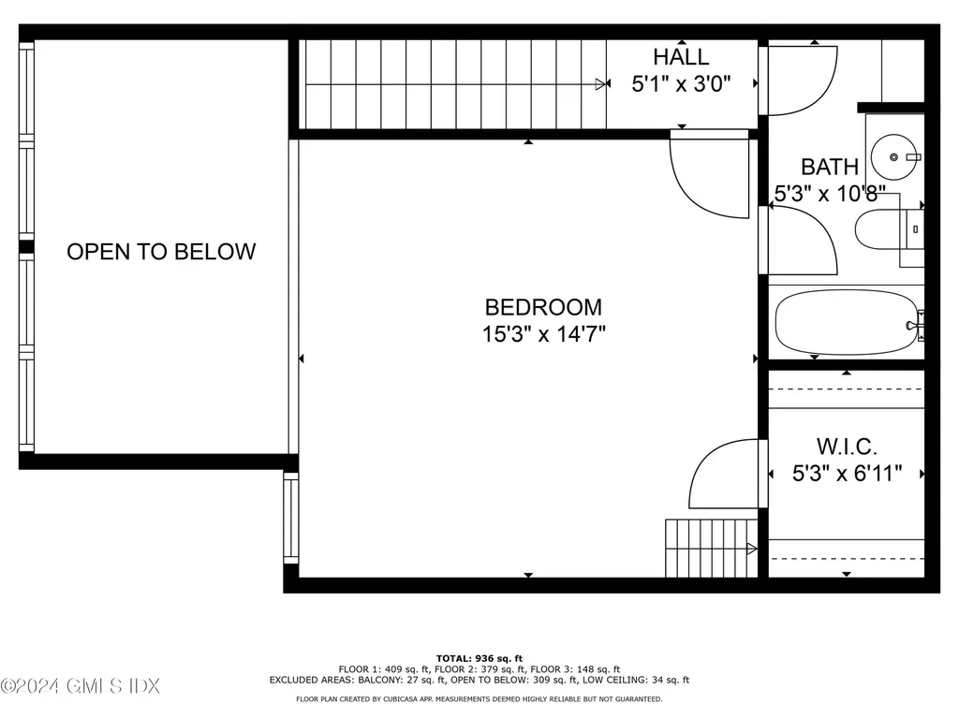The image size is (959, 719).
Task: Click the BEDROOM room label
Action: pos(543,307)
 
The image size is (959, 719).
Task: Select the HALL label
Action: pos(681,58)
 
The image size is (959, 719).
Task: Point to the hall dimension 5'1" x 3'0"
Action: pos(681,83)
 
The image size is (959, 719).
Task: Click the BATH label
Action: pos(829,168)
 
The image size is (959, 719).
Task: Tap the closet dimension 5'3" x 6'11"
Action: pos(847,474)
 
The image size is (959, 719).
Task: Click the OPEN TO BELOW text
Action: pos(161,252)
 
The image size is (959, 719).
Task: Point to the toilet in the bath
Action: pos(885,229)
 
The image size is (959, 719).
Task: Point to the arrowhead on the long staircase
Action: pos(601,84)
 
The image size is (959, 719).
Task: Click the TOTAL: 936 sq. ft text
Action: pos(479,658)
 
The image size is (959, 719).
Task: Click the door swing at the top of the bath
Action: pos(801,80)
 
